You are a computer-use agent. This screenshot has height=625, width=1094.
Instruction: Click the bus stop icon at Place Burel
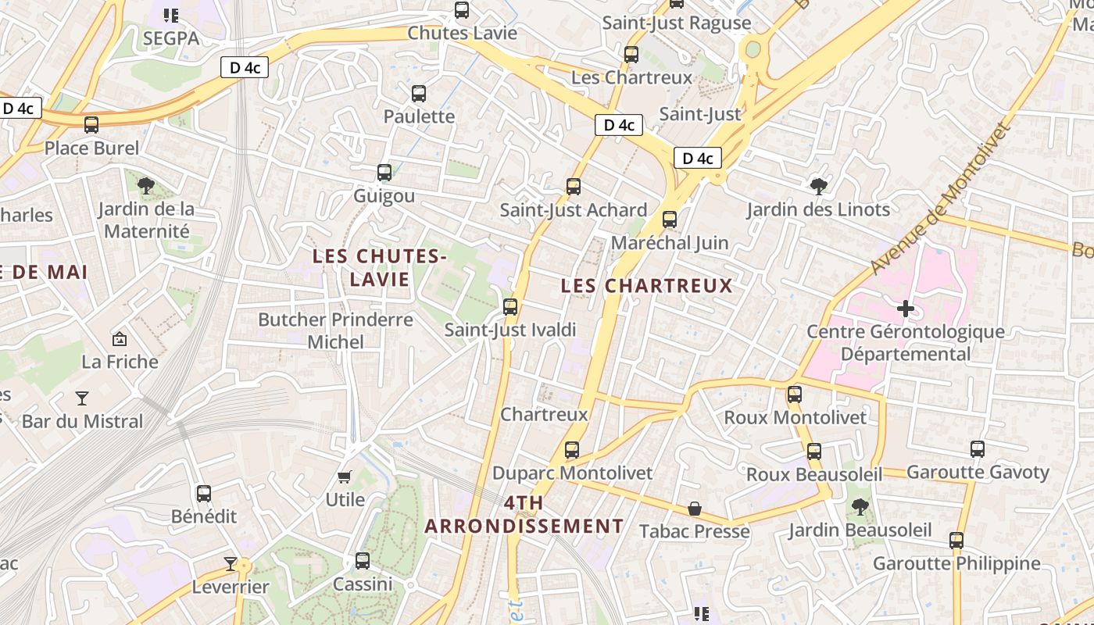[91, 125]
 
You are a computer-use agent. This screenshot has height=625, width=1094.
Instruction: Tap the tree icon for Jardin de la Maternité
[145, 186]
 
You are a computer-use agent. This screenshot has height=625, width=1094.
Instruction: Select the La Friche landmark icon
[120, 339]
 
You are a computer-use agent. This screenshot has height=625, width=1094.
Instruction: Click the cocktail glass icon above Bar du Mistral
[82, 398]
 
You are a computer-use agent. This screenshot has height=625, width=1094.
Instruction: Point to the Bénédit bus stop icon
[204, 494]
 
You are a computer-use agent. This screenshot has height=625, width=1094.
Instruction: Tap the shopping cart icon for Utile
[345, 477]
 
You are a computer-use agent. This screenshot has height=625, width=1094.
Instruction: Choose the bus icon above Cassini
[363, 561]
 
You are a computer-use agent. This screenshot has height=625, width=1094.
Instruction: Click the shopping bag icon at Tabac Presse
[694, 509]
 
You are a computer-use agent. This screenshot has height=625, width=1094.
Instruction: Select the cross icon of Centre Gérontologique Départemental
[906, 309]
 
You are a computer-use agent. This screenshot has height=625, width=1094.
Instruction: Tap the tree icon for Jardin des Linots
[818, 186]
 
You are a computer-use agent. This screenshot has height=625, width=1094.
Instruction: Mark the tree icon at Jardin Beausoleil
[860, 507]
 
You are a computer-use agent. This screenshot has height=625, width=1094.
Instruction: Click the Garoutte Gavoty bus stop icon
[978, 449]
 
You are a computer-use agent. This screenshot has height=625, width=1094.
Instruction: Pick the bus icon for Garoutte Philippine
[956, 541]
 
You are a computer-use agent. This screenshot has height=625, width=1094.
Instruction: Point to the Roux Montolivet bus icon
[795, 395]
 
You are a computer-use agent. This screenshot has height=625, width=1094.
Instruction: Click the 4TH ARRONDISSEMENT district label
[524, 514]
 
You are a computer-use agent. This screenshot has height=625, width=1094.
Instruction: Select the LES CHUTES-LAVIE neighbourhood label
[379, 267]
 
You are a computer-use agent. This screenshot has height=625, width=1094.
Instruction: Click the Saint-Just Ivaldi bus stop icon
[510, 307]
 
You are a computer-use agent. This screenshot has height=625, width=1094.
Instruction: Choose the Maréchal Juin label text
[670, 243]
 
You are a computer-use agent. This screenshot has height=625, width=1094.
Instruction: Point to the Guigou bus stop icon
[384, 173]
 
